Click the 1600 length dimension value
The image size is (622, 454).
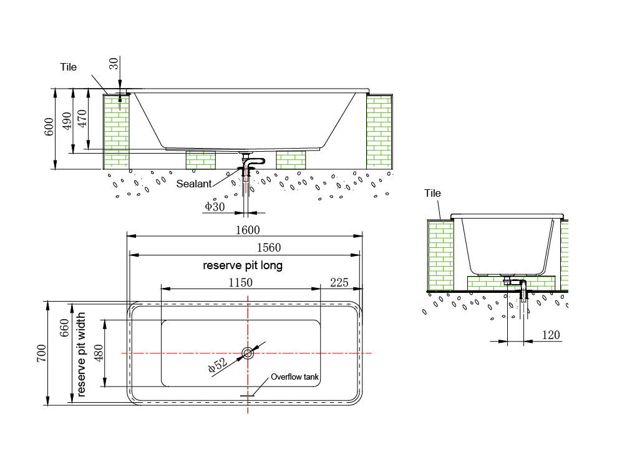pos(247,230)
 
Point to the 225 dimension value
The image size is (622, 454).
pos(339,282)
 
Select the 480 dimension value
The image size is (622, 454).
pos(98,353)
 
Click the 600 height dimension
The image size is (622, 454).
pos(49,129)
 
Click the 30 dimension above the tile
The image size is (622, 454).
pos(113,65)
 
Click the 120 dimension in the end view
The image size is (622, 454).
pos(550,335)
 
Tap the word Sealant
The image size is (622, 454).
pos(194,184)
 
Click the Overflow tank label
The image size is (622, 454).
pos(294,377)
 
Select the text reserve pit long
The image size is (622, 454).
pos(243,265)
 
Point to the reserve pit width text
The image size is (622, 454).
pos(81,356)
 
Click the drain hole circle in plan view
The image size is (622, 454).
pos(248,353)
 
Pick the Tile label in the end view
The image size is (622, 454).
pos(433,193)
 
